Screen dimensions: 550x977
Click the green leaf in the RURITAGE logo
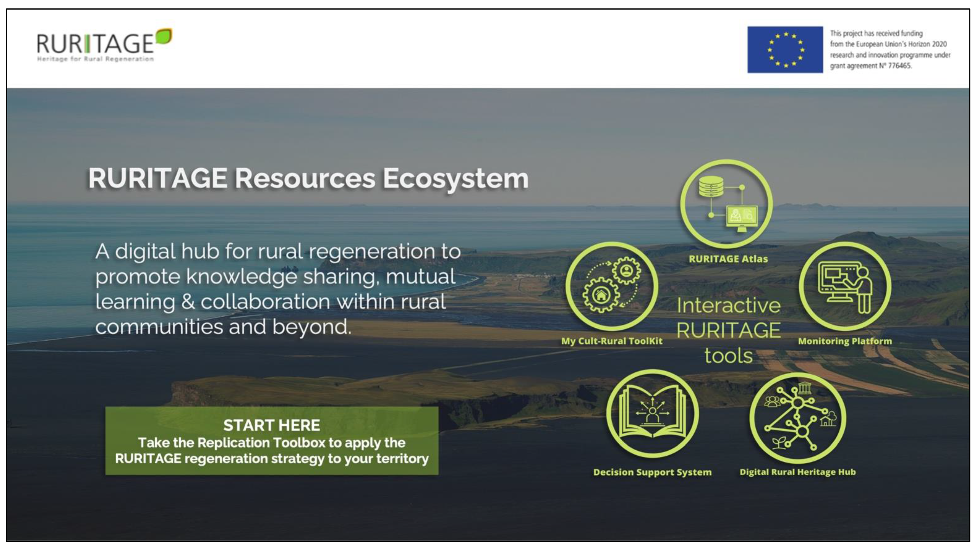click(164, 36)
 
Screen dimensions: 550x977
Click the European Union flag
click(785, 50)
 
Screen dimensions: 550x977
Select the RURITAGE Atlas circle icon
click(726, 204)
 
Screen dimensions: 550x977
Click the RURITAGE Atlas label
click(728, 259)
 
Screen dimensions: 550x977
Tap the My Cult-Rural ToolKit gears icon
click(611, 286)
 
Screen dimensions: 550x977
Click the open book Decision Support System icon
click(652, 414)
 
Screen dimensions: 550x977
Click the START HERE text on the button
click(272, 425)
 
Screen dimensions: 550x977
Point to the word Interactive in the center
click(728, 306)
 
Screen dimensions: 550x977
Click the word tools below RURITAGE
click(728, 356)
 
